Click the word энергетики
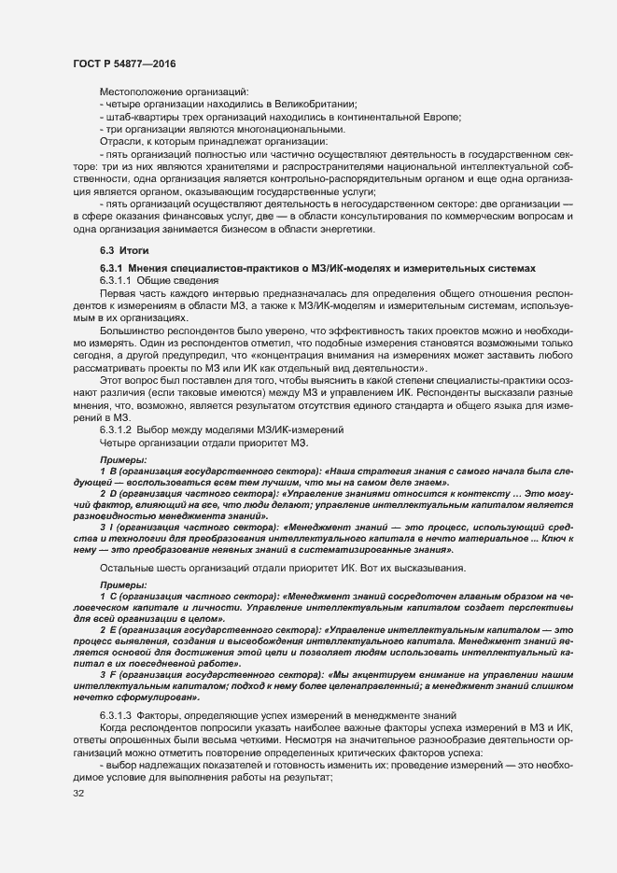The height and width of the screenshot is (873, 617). pos(342,229)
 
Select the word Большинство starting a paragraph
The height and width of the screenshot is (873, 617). pos(131,331)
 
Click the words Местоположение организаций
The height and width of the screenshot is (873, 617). pos(174,92)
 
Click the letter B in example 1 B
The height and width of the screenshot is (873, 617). pos(111,474)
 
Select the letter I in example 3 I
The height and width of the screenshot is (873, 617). pos(110,528)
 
